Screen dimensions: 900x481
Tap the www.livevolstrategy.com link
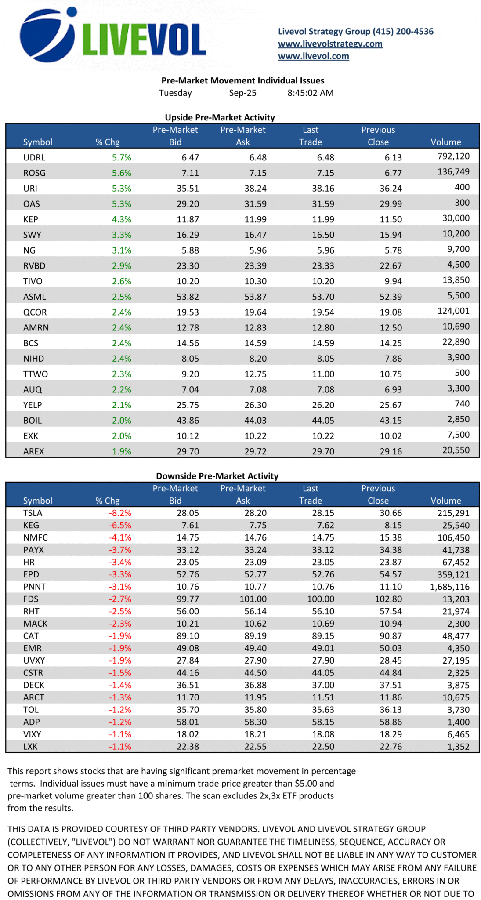(330, 44)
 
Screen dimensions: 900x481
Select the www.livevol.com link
(313, 56)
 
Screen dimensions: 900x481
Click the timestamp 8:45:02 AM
(310, 93)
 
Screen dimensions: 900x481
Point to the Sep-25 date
(242, 93)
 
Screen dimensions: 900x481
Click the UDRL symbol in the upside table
(34, 157)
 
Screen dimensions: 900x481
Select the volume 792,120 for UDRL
(453, 156)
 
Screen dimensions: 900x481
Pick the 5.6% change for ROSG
(122, 173)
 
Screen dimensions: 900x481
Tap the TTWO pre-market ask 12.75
(255, 374)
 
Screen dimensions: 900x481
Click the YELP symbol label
(33, 405)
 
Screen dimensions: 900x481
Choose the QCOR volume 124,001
(453, 311)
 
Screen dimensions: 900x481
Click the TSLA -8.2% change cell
(120, 513)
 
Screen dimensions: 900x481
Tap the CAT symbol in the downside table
(31, 636)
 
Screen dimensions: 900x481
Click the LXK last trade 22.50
(323, 747)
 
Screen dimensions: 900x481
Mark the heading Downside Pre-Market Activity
(217, 476)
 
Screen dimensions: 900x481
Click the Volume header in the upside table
(445, 142)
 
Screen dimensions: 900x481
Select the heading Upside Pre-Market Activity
(220, 117)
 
